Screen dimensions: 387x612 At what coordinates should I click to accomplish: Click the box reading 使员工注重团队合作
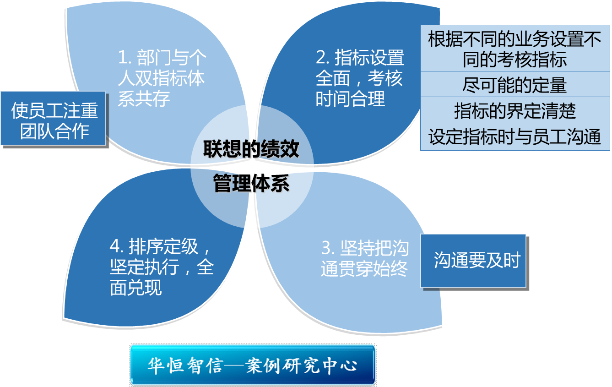point(54,119)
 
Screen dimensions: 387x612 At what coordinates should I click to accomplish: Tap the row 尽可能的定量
point(515,85)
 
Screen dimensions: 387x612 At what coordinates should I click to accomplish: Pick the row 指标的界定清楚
point(515,111)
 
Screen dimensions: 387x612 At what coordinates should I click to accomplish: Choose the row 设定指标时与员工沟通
point(515,137)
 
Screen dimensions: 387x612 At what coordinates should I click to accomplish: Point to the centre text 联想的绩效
point(251,150)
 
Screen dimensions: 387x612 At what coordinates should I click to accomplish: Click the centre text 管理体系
point(251,184)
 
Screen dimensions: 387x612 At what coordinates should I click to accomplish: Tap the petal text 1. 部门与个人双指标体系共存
point(161,78)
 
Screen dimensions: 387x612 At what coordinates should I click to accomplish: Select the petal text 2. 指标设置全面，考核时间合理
point(360,78)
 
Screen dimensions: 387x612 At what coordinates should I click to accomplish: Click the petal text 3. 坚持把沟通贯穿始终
point(365,258)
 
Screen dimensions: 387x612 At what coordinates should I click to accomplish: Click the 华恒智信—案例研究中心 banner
point(252,365)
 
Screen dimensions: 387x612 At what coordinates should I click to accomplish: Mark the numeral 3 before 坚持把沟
point(326,249)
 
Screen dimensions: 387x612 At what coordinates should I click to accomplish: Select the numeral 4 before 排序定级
point(115,247)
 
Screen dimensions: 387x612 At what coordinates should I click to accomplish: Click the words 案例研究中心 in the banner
point(301,365)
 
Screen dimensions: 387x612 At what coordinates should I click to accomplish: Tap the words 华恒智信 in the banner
point(184,365)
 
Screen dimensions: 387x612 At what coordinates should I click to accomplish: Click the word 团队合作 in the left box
point(54,131)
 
